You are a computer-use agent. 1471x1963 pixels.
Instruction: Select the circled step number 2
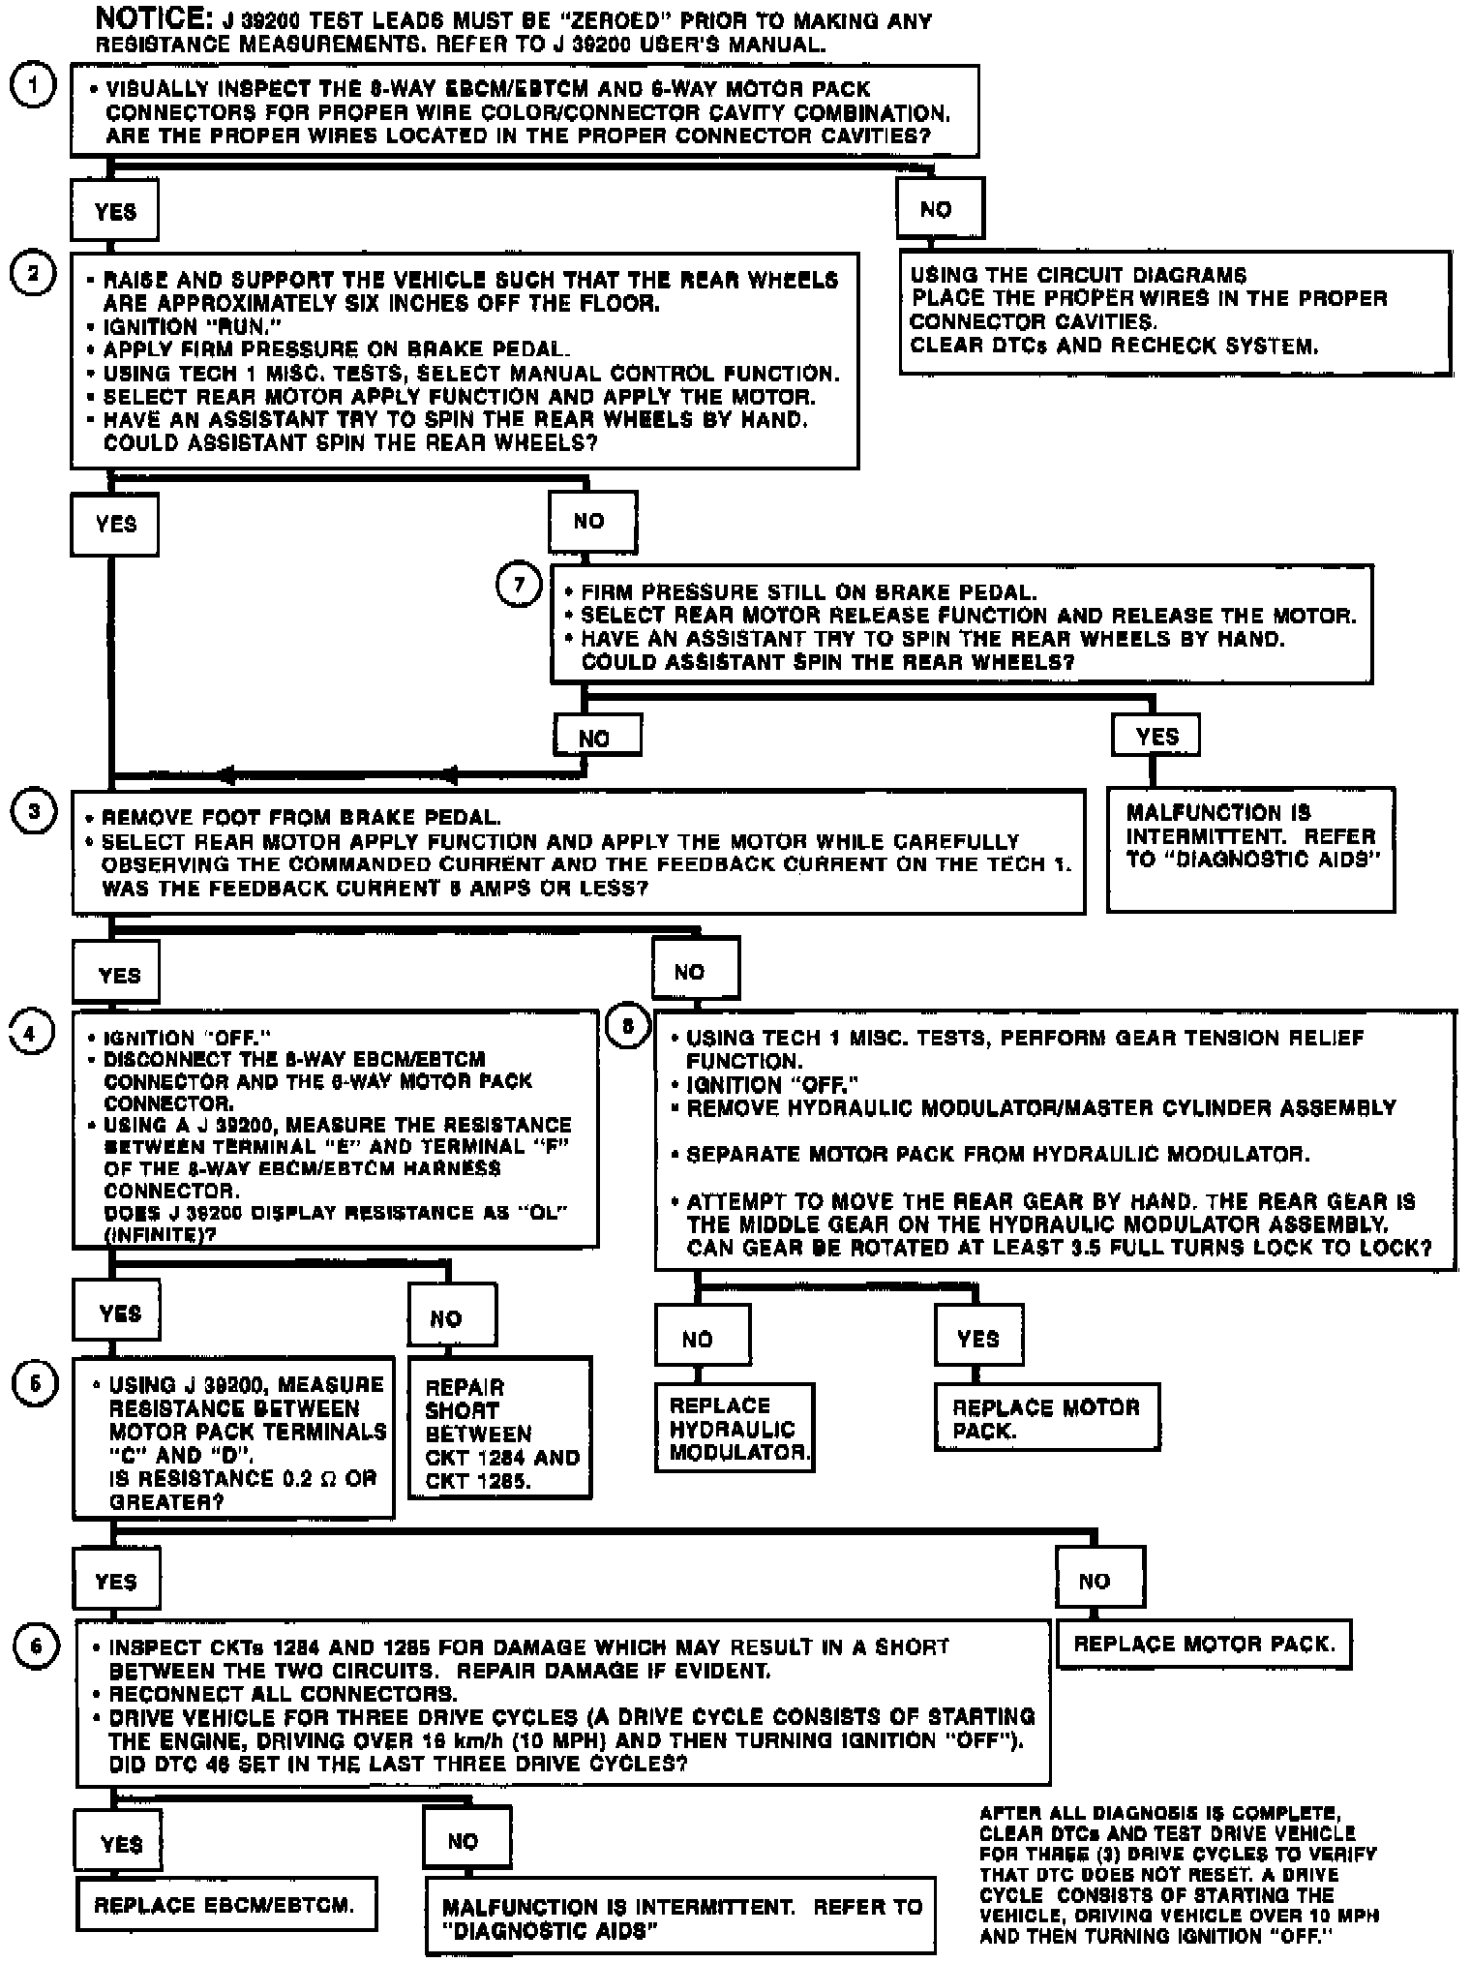pos(32,274)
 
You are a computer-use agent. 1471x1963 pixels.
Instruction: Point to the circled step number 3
pos(34,811)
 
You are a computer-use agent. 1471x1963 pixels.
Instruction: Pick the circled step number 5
pos(34,1384)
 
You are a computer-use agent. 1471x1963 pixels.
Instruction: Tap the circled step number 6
pos(36,1646)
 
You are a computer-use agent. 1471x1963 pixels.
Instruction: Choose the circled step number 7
pos(519,586)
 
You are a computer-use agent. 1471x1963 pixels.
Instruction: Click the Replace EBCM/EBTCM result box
pos(225,1904)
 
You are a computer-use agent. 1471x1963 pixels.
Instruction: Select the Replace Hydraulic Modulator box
pos(735,1428)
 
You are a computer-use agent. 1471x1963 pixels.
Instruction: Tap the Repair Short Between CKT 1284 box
pos(499,1428)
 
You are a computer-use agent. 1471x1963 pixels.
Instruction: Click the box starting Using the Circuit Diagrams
pos(1175,312)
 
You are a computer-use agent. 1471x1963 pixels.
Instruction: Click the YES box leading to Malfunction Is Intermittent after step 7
pos(1156,737)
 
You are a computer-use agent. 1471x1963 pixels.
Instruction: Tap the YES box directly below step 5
pos(117,1582)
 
